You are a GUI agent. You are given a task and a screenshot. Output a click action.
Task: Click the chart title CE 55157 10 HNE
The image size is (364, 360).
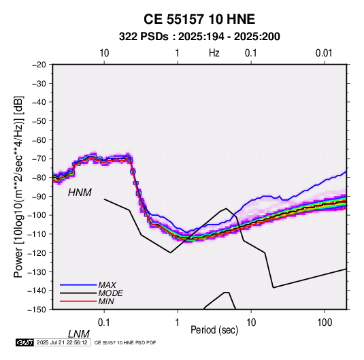pos(199,19)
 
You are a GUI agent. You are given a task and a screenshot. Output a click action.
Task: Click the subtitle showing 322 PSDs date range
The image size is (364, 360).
pos(199,37)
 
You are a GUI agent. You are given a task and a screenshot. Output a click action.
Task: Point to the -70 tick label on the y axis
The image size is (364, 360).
pos(39,159)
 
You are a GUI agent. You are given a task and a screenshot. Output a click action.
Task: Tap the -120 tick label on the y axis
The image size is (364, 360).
pos(37,252)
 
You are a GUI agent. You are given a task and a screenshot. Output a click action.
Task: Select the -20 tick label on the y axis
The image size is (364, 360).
pos(39,65)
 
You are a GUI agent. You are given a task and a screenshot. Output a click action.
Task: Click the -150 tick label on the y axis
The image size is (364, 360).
pos(37,310)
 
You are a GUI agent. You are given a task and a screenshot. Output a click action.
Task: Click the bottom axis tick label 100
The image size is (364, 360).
pos(325,323)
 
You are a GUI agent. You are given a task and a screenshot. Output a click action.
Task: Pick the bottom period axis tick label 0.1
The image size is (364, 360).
pos(104,323)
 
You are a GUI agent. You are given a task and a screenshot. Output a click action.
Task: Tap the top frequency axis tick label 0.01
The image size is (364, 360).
pos(324,53)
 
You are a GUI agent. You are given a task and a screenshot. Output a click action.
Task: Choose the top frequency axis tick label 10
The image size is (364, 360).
pos(104,53)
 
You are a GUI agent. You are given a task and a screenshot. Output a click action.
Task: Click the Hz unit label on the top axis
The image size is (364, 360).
pos(214,53)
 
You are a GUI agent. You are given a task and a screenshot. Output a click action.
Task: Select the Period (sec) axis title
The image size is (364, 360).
pos(214,330)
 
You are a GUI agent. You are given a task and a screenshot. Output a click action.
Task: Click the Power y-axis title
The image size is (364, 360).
pos(18,187)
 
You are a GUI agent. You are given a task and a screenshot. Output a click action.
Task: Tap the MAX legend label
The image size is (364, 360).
pos(107,285)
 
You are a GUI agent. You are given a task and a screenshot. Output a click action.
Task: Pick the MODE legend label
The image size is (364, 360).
pos(110,293)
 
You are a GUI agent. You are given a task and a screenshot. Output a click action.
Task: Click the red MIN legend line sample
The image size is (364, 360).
pos(78,301)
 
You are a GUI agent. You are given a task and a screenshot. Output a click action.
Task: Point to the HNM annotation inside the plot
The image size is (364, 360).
pos(80,193)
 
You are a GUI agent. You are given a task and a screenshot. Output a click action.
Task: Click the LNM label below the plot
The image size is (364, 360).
pos(79,334)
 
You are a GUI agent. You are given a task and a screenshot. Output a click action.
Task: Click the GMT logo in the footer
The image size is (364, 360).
pos(25,342)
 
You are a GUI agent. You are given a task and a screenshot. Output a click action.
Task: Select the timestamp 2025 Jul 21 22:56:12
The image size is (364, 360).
pos(62,342)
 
